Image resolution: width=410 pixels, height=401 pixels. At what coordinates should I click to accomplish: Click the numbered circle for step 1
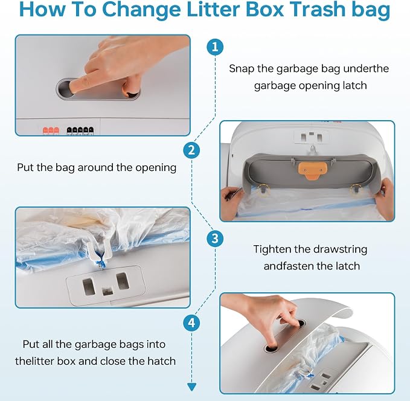215,47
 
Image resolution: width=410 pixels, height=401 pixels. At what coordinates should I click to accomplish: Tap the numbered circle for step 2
191,150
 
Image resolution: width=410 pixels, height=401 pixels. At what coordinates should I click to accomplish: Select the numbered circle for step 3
215,239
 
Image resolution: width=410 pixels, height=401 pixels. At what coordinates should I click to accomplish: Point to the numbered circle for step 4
191,322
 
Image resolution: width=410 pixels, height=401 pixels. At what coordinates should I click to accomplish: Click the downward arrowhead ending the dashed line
191,387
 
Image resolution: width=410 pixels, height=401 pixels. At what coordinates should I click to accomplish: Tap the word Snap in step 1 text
242,69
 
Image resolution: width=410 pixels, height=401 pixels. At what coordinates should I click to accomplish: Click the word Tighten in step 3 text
272,249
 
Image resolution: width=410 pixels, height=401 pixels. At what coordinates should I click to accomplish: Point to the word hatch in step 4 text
162,361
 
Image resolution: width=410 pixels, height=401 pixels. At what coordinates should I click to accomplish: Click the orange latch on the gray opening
312,170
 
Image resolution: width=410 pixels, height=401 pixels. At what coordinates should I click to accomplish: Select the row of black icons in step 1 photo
80,130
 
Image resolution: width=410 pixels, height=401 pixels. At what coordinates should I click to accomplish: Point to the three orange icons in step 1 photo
51,130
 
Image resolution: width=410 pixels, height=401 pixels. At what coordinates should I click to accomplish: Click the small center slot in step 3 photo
107,291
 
